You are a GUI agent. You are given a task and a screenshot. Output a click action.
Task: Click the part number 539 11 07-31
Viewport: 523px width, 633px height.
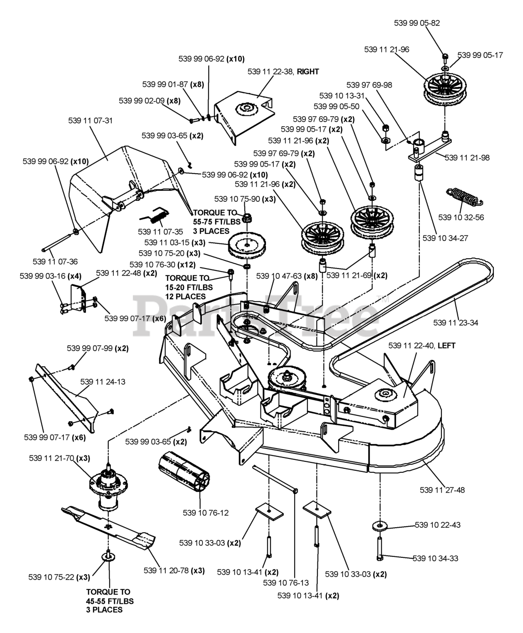pyautogui.click(x=90, y=121)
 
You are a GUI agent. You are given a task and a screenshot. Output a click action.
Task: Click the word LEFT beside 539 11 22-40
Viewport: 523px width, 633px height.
pyautogui.click(x=446, y=346)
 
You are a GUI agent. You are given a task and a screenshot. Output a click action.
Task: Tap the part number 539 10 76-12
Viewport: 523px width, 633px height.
pyautogui.click(x=206, y=513)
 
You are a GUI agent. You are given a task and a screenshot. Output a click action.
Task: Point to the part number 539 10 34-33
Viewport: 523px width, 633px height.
pyautogui.click(x=436, y=558)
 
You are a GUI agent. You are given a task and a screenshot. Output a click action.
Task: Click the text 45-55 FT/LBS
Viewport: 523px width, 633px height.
pyautogui.click(x=109, y=601)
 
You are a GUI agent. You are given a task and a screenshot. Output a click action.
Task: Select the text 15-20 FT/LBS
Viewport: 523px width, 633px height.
pyautogui.click(x=185, y=287)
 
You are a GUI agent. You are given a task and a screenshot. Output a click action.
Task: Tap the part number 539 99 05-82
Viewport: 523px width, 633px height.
pyautogui.click(x=417, y=23)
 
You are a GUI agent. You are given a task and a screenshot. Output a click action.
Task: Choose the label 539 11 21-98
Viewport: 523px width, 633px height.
pyautogui.click(x=467, y=158)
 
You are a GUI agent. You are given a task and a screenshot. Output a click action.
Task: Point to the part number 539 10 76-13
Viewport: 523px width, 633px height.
pyautogui.click(x=286, y=583)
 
